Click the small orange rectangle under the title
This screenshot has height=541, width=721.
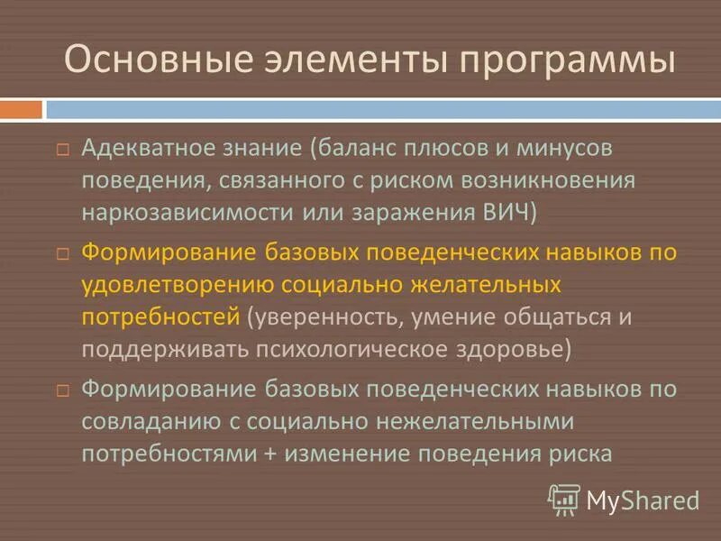21,109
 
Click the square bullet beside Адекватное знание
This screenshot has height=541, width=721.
62,149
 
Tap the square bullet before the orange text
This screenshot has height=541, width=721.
62,255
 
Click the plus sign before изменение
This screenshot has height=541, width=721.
269,454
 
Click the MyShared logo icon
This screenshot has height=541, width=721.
564,499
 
